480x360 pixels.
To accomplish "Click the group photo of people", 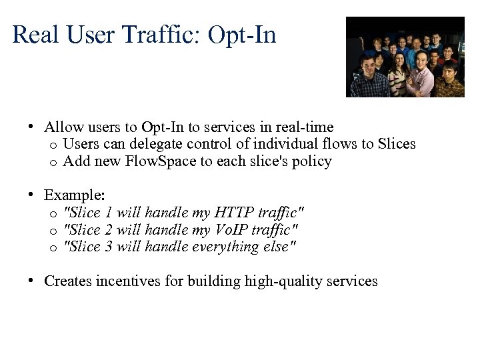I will [x=405, y=57].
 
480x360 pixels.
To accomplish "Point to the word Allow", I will [x=62, y=127].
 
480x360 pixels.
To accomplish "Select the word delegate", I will [x=159, y=144].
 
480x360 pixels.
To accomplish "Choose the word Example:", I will [x=75, y=195].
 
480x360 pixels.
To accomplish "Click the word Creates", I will [x=68, y=281].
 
